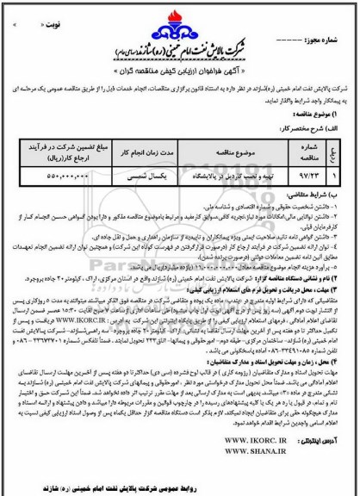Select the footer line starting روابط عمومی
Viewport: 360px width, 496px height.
tap(180, 485)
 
